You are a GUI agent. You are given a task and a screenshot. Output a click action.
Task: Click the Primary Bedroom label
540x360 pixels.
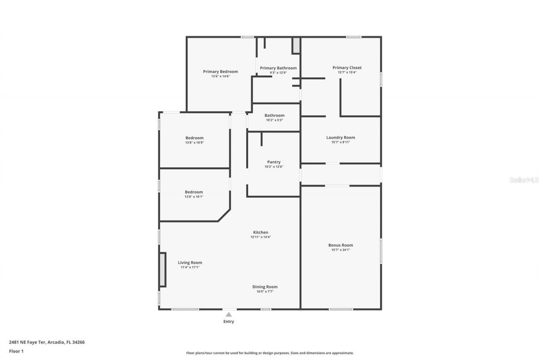click(220, 71)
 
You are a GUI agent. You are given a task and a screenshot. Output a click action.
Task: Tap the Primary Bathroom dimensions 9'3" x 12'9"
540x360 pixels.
click(278, 73)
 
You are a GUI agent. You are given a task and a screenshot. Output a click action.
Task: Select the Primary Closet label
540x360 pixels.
click(347, 68)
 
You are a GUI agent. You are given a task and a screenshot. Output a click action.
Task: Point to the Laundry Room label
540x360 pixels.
click(340, 137)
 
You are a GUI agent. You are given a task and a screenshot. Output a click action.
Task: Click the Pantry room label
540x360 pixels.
click(274, 162)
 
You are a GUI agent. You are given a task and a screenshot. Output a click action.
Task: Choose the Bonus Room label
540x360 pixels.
click(340, 245)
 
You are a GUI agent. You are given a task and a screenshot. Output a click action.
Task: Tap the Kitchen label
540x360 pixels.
click(260, 232)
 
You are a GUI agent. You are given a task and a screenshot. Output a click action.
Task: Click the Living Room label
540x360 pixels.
click(190, 263)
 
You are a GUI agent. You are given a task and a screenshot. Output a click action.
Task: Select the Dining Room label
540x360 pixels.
click(265, 287)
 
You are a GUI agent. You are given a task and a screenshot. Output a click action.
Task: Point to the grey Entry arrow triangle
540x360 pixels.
click(228, 314)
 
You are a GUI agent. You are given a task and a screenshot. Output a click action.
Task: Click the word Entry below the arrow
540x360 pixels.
click(228, 322)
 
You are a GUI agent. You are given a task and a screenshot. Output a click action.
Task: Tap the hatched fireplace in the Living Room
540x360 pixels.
click(162, 270)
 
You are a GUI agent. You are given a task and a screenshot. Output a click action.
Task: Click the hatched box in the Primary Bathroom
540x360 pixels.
click(296, 46)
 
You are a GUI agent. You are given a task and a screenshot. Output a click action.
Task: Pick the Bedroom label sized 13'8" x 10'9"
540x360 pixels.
click(194, 138)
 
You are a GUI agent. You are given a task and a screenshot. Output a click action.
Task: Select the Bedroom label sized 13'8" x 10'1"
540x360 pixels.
click(194, 192)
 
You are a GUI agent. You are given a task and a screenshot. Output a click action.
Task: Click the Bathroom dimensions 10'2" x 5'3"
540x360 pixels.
click(274, 120)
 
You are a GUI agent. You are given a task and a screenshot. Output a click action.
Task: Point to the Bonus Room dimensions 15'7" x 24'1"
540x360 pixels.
click(340, 250)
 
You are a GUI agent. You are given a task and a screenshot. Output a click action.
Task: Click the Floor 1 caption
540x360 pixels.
click(16, 351)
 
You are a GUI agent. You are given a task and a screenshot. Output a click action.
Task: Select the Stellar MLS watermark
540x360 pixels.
click(524, 180)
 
